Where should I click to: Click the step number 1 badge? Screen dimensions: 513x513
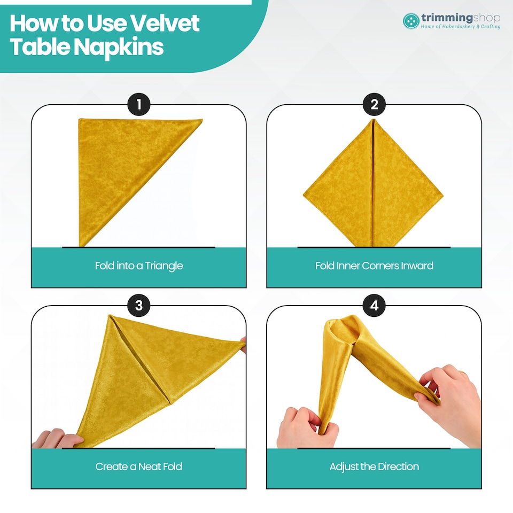click(139, 105)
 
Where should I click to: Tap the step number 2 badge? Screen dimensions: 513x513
click(374, 105)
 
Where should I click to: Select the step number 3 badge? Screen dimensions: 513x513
click(139, 306)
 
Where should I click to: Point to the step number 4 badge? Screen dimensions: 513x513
click(374, 306)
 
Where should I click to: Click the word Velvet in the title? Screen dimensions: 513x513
click(165, 23)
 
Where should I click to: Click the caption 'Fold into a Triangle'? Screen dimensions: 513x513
click(139, 266)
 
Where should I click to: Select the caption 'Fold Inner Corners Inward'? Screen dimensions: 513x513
click(374, 266)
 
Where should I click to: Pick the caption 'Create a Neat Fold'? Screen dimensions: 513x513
click(139, 467)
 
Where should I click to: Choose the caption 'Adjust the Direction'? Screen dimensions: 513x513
click(374, 467)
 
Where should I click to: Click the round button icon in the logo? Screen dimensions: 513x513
click(411, 21)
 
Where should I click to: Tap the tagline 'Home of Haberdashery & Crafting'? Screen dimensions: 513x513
click(460, 27)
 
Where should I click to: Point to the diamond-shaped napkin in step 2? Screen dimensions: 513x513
click(373, 183)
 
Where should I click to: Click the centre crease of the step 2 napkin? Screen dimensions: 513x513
click(372, 183)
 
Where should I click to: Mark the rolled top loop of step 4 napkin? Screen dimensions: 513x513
click(340, 330)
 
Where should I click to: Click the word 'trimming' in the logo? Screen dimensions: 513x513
click(447, 17)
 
